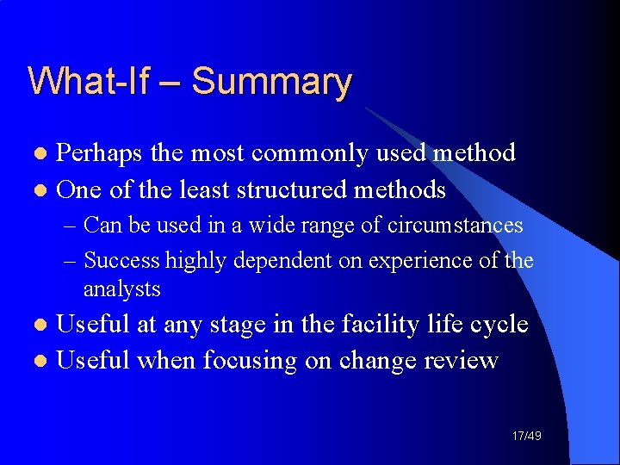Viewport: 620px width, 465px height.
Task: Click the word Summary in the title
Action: (x=271, y=82)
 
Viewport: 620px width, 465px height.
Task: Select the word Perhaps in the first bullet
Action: (x=100, y=154)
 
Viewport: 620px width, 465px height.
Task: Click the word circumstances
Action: (x=455, y=226)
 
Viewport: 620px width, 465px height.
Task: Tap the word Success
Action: (x=122, y=260)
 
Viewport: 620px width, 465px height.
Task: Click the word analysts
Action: (x=121, y=289)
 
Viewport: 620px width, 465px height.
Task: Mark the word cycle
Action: (x=499, y=325)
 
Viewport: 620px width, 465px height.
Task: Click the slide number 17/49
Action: (x=525, y=437)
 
